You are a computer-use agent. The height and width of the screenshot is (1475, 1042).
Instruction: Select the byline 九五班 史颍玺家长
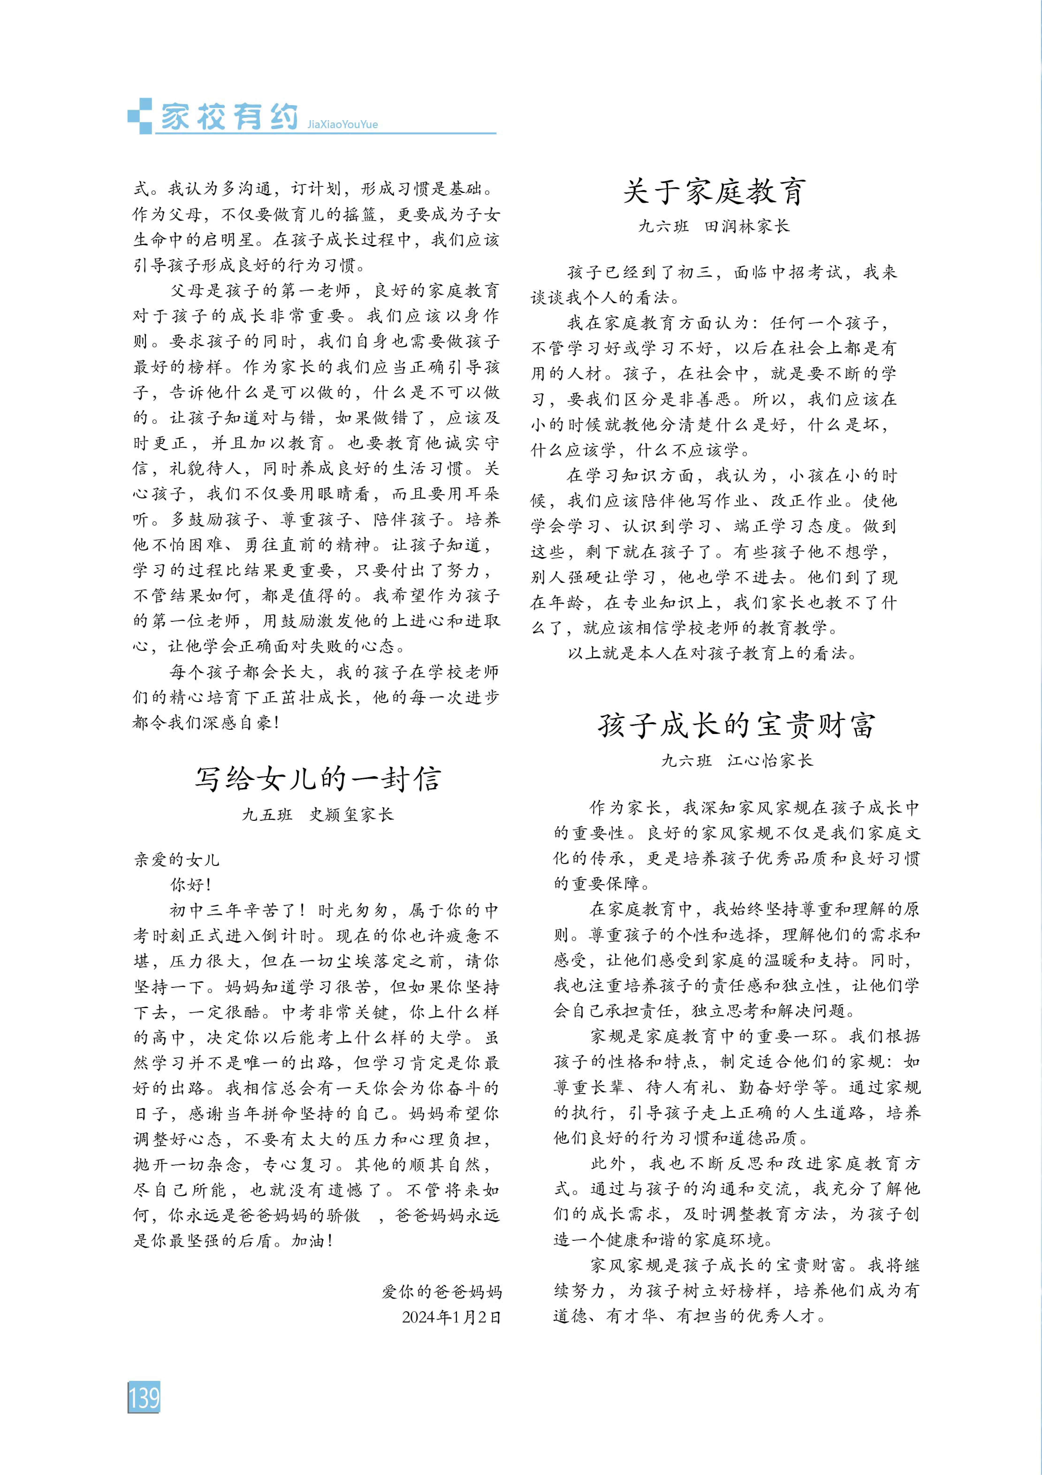317,815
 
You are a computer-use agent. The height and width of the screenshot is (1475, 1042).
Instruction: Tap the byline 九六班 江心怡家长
737,761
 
